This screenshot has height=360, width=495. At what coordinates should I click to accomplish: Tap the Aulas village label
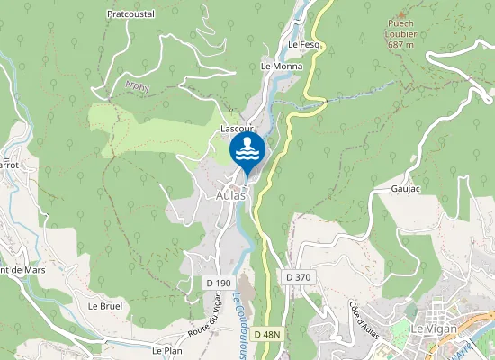[231, 195]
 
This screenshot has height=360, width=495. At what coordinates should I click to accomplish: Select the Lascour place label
[235, 130]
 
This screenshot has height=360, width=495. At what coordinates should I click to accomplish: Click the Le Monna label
[281, 67]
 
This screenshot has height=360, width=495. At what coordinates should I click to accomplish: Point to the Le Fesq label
[304, 44]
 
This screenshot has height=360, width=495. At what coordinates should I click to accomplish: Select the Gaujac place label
[406, 189]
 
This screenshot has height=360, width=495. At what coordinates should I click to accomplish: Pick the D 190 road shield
[218, 283]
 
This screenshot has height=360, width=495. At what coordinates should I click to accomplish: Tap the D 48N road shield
[267, 334]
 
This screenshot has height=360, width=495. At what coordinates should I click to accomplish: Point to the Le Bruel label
[104, 306]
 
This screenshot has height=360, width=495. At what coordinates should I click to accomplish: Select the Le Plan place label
[167, 351]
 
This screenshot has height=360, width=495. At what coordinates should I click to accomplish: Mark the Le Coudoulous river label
[238, 322]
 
